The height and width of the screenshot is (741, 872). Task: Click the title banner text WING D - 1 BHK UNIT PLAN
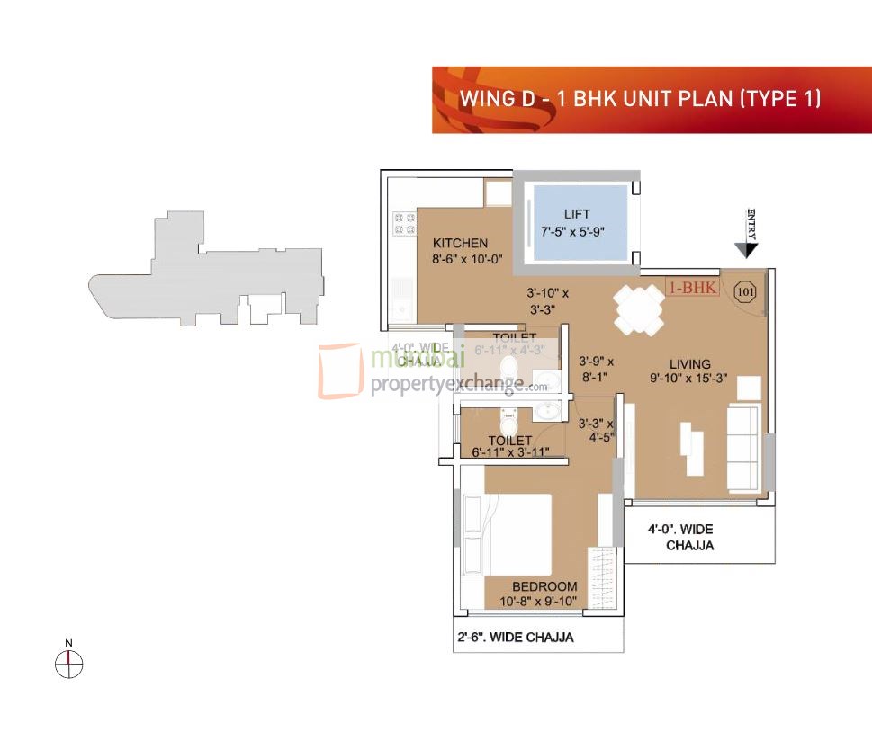[640, 98]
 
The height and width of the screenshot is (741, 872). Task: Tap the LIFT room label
[577, 214]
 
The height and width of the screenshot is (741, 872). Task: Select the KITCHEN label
[460, 243]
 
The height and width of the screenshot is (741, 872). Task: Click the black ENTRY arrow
[745, 249]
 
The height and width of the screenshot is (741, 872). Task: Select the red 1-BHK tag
[691, 289]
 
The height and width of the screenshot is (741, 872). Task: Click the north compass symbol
[68, 664]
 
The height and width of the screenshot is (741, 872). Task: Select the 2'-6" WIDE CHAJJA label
[515, 638]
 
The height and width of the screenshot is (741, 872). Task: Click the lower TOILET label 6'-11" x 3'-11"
[510, 447]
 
